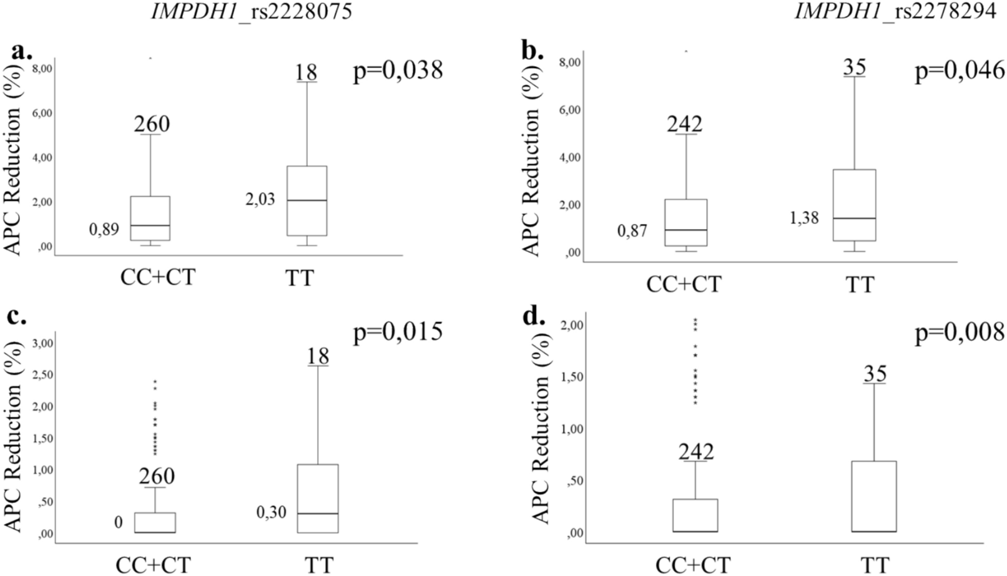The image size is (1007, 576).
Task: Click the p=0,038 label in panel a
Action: tap(398, 70)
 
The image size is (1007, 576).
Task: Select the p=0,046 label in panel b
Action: tap(960, 71)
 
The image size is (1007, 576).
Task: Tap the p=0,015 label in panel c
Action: tap(398, 331)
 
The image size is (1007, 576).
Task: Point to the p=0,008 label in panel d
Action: tap(960, 332)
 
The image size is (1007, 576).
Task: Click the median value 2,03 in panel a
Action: tap(260, 200)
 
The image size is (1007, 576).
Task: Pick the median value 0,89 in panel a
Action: tap(104, 230)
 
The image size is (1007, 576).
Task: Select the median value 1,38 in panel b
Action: tap(804, 218)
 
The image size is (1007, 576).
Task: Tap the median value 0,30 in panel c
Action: tap(271, 512)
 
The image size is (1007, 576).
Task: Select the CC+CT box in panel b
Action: tap(685, 223)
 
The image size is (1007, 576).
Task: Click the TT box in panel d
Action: tap(873, 496)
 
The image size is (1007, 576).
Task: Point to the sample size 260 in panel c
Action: tap(156, 476)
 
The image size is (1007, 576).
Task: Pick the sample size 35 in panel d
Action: tap(875, 373)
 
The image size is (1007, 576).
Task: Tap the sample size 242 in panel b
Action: tap(684, 124)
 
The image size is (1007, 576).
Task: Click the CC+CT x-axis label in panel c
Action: tap(153, 564)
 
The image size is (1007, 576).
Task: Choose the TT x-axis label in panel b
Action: tap(860, 285)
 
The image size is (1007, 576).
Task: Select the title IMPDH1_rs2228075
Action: tap(252, 11)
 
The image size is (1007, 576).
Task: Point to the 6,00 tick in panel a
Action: tap(43, 113)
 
